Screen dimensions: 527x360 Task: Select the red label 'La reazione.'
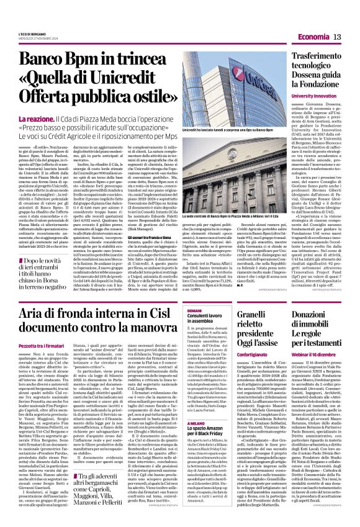[53, 118]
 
